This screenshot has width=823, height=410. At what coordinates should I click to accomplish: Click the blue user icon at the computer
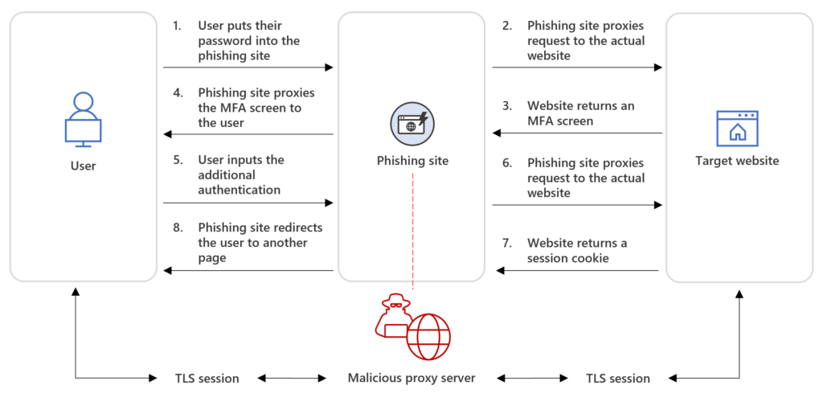(83, 120)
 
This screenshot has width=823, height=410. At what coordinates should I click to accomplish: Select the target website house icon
(737, 128)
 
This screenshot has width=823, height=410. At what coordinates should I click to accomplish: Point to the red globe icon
(428, 336)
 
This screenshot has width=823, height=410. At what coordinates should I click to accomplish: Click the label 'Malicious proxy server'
(411, 378)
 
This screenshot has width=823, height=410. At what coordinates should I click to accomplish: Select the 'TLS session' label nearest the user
(207, 378)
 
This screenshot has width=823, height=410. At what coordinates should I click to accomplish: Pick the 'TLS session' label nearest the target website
(617, 378)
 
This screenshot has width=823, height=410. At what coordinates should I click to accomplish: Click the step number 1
(177, 26)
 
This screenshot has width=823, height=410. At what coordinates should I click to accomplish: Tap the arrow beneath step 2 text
(577, 68)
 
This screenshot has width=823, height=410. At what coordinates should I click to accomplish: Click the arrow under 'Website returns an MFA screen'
(577, 133)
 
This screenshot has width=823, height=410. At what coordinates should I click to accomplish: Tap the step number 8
(177, 228)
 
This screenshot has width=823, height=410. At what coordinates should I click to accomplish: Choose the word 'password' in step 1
(224, 40)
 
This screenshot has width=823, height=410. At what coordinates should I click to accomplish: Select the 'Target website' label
(737, 161)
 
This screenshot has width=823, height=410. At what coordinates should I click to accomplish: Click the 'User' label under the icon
(83, 166)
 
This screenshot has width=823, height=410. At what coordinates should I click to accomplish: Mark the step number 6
(506, 162)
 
